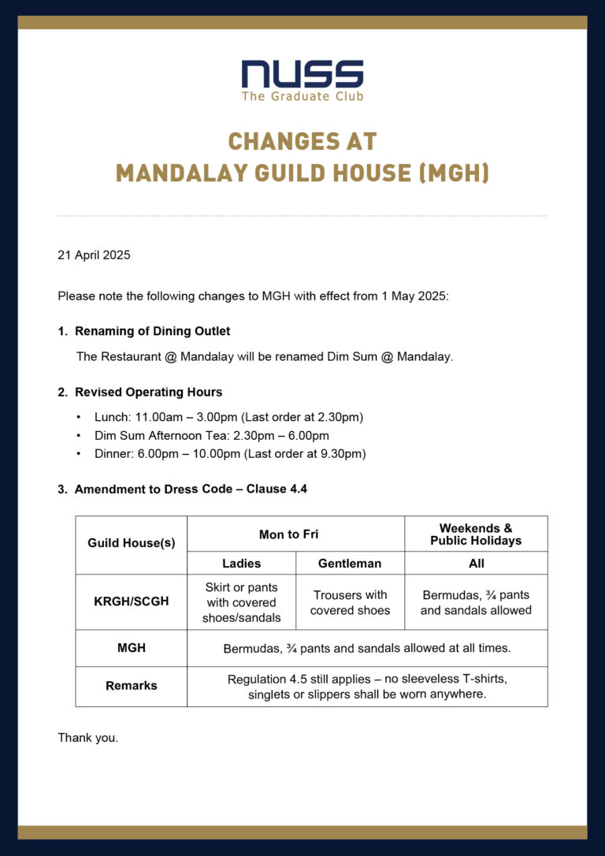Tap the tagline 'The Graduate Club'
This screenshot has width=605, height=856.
(302, 96)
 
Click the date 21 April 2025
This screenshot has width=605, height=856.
(94, 255)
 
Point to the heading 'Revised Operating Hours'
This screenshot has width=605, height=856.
(148, 392)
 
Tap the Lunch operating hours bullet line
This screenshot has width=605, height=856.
(228, 417)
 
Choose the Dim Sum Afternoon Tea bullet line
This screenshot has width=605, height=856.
(211, 435)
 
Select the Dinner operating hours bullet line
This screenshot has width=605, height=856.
(230, 453)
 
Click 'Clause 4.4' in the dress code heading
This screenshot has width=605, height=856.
(277, 489)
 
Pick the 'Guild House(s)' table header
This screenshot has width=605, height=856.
(132, 543)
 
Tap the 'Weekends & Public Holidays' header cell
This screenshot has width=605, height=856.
(476, 534)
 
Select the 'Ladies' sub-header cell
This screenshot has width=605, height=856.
(241, 563)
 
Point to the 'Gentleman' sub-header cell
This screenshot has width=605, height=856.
(350, 563)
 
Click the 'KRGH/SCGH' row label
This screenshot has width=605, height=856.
(132, 601)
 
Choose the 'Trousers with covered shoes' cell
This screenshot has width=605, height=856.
(350, 602)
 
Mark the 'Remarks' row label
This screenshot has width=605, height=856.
(132, 686)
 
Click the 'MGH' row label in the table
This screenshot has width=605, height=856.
(132, 648)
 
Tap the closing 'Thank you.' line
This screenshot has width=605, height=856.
(87, 738)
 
